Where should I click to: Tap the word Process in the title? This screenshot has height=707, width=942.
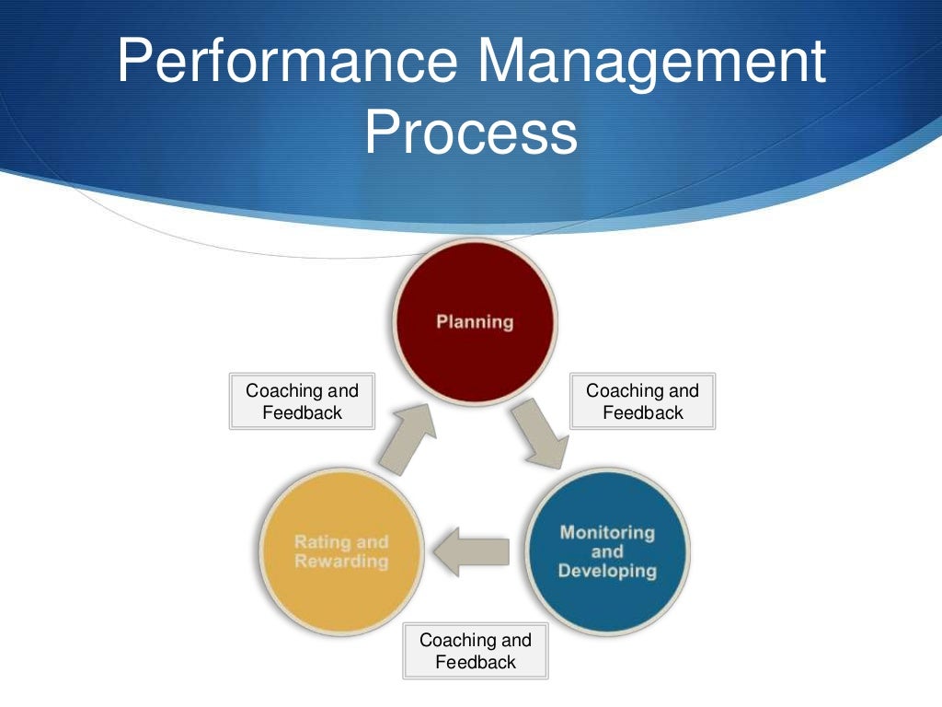(470, 133)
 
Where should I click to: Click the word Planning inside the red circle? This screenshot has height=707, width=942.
(475, 322)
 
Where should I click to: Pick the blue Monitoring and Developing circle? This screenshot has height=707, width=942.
(607, 552)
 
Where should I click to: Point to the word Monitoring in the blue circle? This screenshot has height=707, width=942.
(607, 532)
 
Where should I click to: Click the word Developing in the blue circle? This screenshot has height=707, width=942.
(607, 572)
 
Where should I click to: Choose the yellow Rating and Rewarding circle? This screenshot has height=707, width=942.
(341, 552)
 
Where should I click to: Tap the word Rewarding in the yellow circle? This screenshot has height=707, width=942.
(341, 562)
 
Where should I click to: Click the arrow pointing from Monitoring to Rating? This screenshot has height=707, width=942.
(470, 550)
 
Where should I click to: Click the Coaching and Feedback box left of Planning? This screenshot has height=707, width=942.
(302, 401)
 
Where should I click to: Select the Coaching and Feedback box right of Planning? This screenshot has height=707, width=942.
(643, 401)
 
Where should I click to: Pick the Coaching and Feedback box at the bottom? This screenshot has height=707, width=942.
(476, 651)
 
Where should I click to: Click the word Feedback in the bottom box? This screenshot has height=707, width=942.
(476, 662)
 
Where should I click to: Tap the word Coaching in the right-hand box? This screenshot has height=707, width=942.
(617, 390)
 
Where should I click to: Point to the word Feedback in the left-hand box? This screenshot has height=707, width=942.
(302, 412)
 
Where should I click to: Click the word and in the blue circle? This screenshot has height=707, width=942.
(607, 552)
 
